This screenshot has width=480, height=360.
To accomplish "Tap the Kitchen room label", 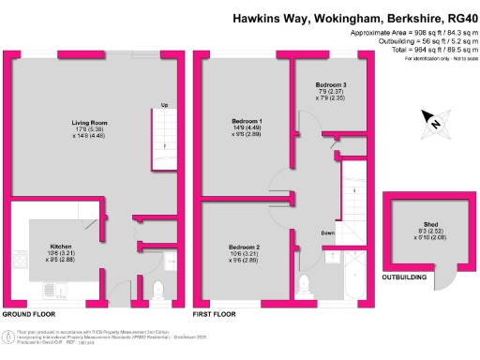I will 61,247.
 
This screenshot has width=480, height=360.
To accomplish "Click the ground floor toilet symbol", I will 157,288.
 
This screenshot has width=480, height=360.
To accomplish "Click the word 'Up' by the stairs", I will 166,105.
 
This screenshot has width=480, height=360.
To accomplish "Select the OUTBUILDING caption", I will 406,277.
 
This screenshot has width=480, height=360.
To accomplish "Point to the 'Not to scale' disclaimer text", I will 457,59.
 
